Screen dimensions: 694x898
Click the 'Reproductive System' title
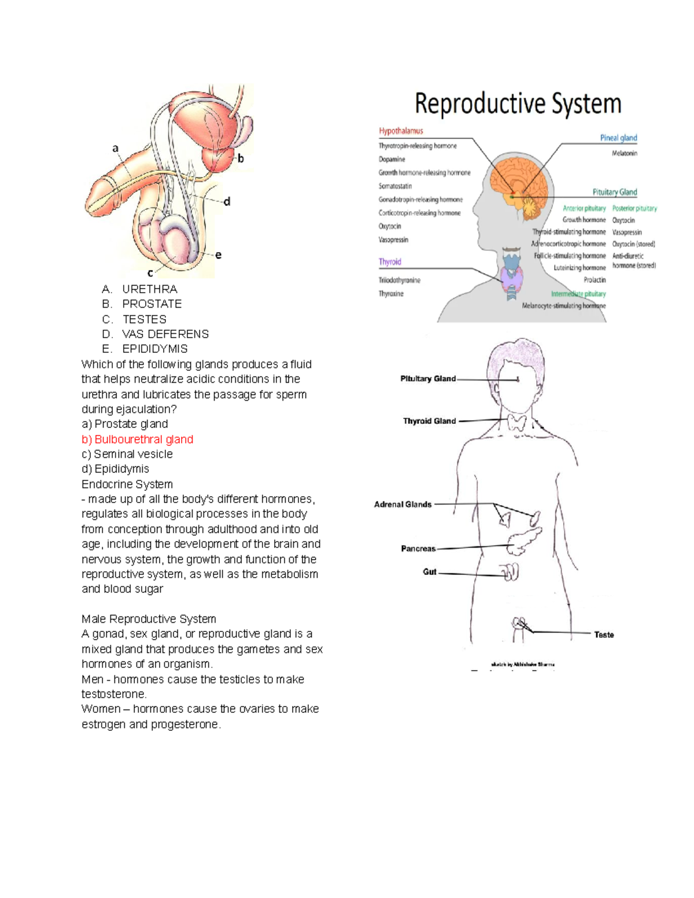(x=518, y=105)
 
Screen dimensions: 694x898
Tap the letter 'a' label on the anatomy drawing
(x=116, y=149)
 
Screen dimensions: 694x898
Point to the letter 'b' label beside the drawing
(x=241, y=158)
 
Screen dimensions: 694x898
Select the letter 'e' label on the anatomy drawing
(x=218, y=255)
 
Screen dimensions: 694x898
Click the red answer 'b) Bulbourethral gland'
(x=138, y=439)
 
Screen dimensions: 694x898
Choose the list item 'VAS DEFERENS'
(x=165, y=334)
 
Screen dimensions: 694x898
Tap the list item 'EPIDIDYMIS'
(x=155, y=349)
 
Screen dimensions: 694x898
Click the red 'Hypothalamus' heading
(x=401, y=131)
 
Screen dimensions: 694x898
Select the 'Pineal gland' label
(x=618, y=138)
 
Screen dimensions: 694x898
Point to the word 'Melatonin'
(x=624, y=153)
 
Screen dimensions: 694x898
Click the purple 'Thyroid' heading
(x=390, y=262)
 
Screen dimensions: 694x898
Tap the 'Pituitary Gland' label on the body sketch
(x=428, y=379)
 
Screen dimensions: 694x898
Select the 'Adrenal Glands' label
(x=403, y=504)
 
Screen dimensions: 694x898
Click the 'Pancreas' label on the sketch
(x=418, y=549)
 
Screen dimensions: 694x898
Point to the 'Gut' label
(x=430, y=572)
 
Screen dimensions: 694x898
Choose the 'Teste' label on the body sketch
(x=604, y=635)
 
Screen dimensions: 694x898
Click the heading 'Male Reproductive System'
(x=149, y=619)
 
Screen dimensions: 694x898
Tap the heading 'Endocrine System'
(x=127, y=485)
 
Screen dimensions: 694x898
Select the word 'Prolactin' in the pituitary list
(x=595, y=280)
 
